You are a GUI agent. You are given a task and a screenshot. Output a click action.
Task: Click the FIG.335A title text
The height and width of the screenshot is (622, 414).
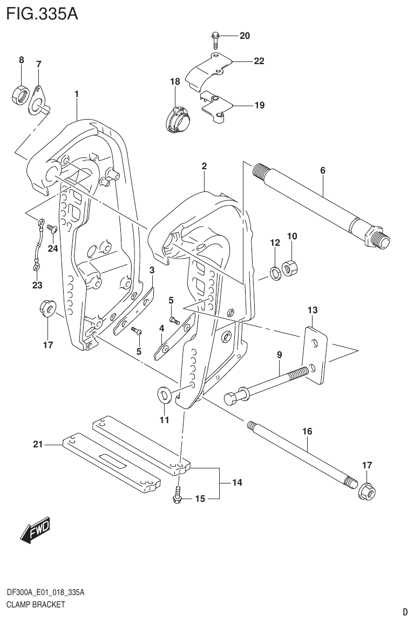[x=42, y=13]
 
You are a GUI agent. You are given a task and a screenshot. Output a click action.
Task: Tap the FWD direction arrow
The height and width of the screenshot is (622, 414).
[x=35, y=530]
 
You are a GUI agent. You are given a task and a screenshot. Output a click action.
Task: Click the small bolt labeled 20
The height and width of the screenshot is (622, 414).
[x=215, y=40]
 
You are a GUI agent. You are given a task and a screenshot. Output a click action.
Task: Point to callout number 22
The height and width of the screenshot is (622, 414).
[x=259, y=61]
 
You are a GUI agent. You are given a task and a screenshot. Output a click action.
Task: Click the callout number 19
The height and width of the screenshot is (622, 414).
[x=259, y=105]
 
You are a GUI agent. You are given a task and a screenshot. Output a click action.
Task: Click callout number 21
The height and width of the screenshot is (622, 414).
[x=37, y=444]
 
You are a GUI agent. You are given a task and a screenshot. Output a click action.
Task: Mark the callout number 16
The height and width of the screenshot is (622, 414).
[x=307, y=432]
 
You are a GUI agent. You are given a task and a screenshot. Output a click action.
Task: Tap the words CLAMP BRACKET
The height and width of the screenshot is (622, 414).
[x=36, y=604]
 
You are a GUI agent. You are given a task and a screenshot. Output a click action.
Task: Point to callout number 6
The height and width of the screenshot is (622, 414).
[x=322, y=171]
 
